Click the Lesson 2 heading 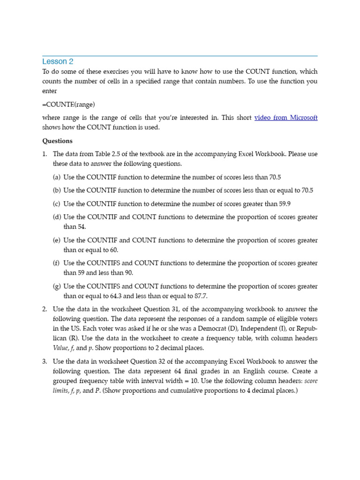point(58,61)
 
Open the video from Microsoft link point(285,118)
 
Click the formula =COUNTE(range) point(71,104)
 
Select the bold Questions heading point(57,141)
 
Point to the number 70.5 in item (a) point(275,177)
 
